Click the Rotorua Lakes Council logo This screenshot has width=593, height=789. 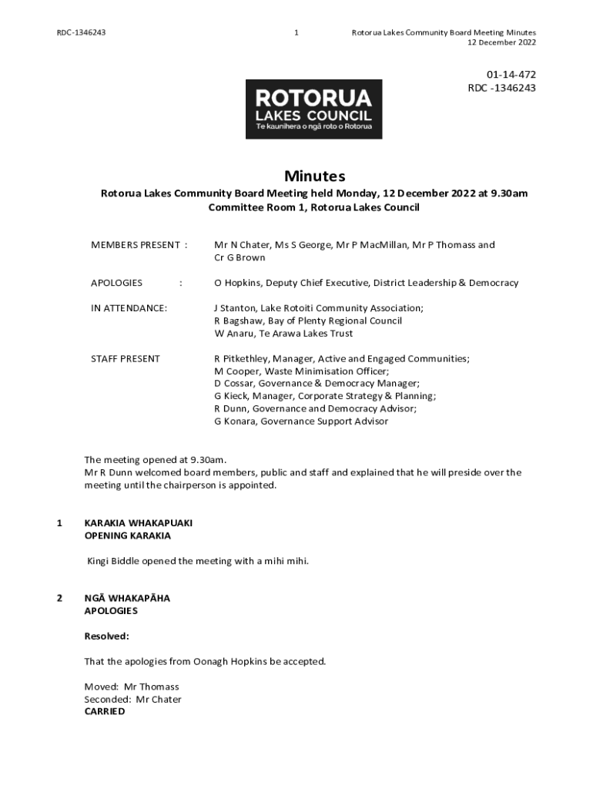click(x=313, y=109)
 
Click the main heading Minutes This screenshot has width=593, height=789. click(x=314, y=176)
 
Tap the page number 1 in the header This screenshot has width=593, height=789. click(x=296, y=32)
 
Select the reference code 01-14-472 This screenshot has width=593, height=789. click(x=511, y=75)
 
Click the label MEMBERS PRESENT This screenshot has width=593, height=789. click(x=135, y=245)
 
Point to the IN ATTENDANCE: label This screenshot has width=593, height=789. click(x=129, y=308)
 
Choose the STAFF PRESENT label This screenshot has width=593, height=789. click(x=126, y=358)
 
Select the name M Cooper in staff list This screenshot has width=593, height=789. click(x=236, y=371)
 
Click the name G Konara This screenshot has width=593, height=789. click(x=235, y=421)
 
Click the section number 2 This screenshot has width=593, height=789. click(x=60, y=598)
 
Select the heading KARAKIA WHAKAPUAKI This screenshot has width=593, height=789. click(x=138, y=522)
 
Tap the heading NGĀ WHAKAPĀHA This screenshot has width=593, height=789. click(x=127, y=598)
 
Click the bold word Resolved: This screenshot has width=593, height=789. click(x=106, y=636)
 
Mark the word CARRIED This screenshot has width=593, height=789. click(x=104, y=712)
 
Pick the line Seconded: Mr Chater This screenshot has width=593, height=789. click(x=132, y=700)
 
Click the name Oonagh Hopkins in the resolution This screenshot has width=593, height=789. click(x=230, y=661)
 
